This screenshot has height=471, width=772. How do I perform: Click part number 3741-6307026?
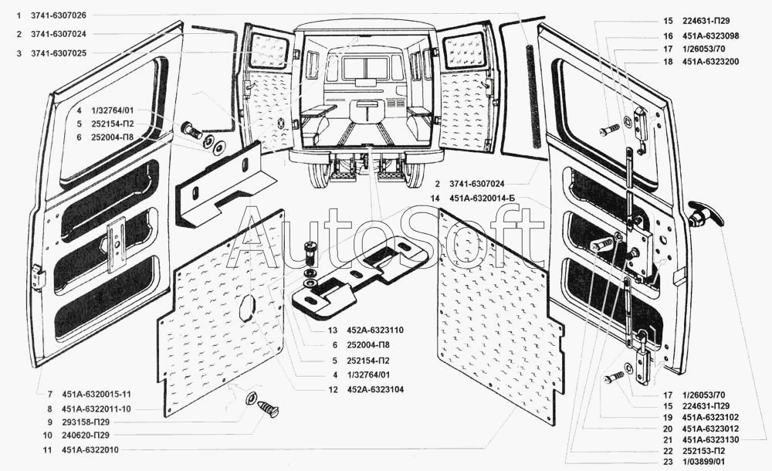click(x=59, y=15)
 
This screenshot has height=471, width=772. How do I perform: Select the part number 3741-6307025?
click(x=59, y=53)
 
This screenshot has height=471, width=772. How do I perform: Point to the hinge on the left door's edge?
click(x=36, y=277)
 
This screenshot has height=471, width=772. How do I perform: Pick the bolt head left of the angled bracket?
click(x=188, y=128)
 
